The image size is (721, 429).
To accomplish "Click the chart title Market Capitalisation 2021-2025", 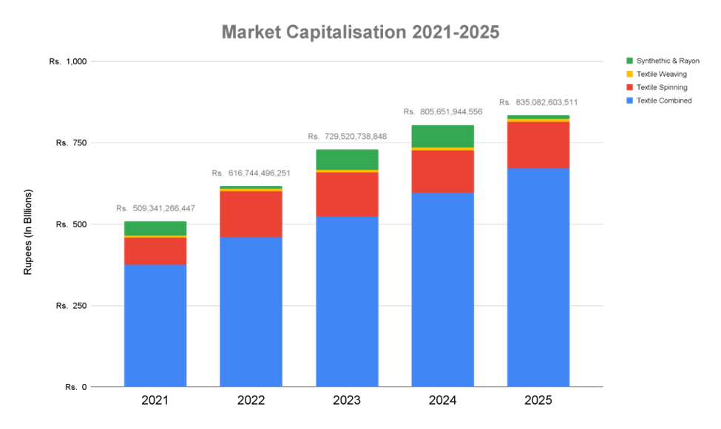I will tap(360, 32).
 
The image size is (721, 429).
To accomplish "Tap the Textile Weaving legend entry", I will tap(662, 74).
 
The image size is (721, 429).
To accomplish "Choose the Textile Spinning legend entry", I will tap(662, 87).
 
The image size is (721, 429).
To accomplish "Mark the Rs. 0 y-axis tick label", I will tap(76, 387).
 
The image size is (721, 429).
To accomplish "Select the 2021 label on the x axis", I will tap(155, 401).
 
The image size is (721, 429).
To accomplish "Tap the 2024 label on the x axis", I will tap(442, 401).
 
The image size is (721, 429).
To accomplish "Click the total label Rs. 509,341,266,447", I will tap(155, 208).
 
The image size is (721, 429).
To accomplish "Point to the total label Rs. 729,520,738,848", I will tap(347, 137).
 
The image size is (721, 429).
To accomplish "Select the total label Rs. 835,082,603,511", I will tap(538, 102).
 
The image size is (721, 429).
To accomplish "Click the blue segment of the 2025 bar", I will tap(538, 277).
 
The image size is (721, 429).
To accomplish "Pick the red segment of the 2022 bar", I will tap(251, 214).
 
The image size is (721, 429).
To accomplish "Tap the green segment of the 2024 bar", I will tap(442, 136).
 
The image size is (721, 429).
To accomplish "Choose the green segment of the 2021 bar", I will tap(155, 228).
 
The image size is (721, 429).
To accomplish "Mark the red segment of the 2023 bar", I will tap(347, 194).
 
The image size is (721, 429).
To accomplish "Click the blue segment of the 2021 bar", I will tap(155, 325).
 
